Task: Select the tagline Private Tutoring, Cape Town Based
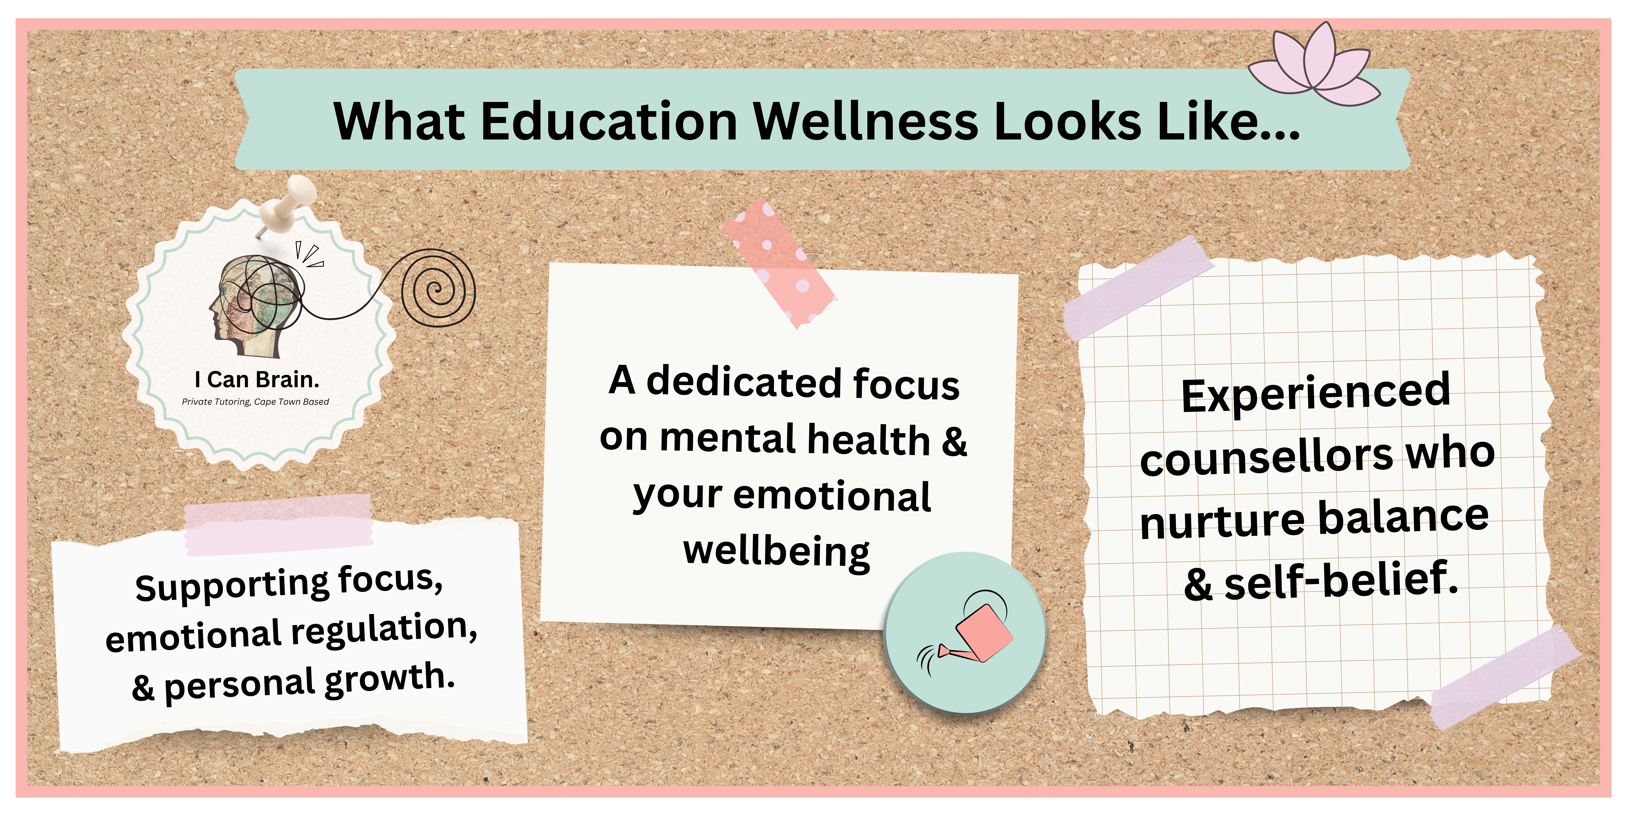[x=256, y=401]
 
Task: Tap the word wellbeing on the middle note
[x=776, y=551]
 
